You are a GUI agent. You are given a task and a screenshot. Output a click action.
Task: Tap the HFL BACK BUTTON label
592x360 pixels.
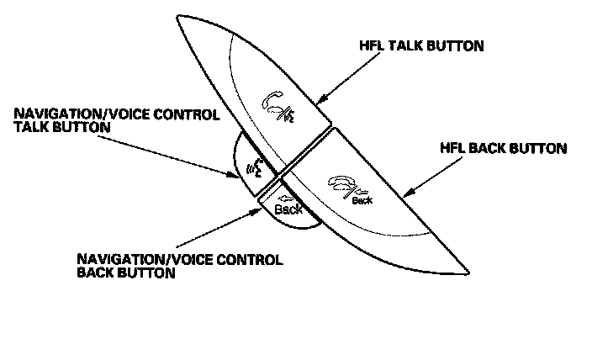tap(504, 148)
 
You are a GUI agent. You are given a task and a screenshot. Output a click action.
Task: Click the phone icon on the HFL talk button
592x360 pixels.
tap(277, 107)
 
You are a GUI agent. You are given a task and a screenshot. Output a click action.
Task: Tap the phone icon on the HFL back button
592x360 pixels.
tap(344, 184)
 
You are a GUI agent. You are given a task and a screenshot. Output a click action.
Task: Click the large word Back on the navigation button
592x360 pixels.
tap(288, 209)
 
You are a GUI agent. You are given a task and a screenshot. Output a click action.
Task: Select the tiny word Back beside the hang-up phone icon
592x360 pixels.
tap(362, 200)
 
